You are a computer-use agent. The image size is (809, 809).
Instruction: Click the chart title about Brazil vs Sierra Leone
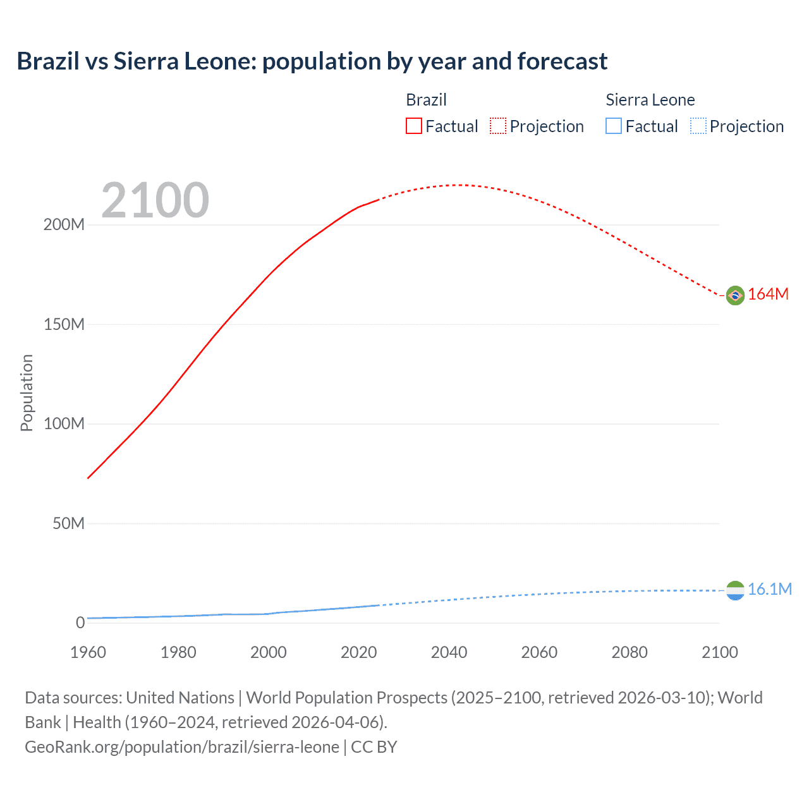(312, 61)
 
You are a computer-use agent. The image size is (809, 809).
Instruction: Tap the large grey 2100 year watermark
(155, 200)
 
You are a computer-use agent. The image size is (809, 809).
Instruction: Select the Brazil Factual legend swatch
(413, 126)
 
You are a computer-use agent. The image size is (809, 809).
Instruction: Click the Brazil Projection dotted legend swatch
(498, 126)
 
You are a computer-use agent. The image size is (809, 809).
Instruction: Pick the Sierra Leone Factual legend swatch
(614, 126)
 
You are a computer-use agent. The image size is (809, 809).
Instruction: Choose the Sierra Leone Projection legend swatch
(698, 126)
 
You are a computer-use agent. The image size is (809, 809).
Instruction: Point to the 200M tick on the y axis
(64, 225)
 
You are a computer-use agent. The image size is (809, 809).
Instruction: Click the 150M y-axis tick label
(64, 324)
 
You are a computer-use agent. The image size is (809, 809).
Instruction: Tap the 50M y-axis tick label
(68, 523)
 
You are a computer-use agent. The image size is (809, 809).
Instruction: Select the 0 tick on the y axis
(80, 623)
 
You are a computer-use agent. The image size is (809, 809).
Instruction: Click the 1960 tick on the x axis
(88, 652)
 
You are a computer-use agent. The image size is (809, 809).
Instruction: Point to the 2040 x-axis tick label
(449, 652)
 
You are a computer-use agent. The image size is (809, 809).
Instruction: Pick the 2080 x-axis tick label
(630, 652)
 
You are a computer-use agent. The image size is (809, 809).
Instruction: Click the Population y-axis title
(27, 392)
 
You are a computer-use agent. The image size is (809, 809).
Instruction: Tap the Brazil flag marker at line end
(735, 295)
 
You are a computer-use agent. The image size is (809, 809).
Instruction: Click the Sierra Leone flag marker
(735, 591)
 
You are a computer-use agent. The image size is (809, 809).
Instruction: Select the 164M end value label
(769, 295)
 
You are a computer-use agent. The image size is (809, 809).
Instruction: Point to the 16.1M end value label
(770, 590)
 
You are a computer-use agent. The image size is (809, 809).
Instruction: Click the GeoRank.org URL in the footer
(182, 747)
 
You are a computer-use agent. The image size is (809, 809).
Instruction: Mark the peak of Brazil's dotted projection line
(459, 185)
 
